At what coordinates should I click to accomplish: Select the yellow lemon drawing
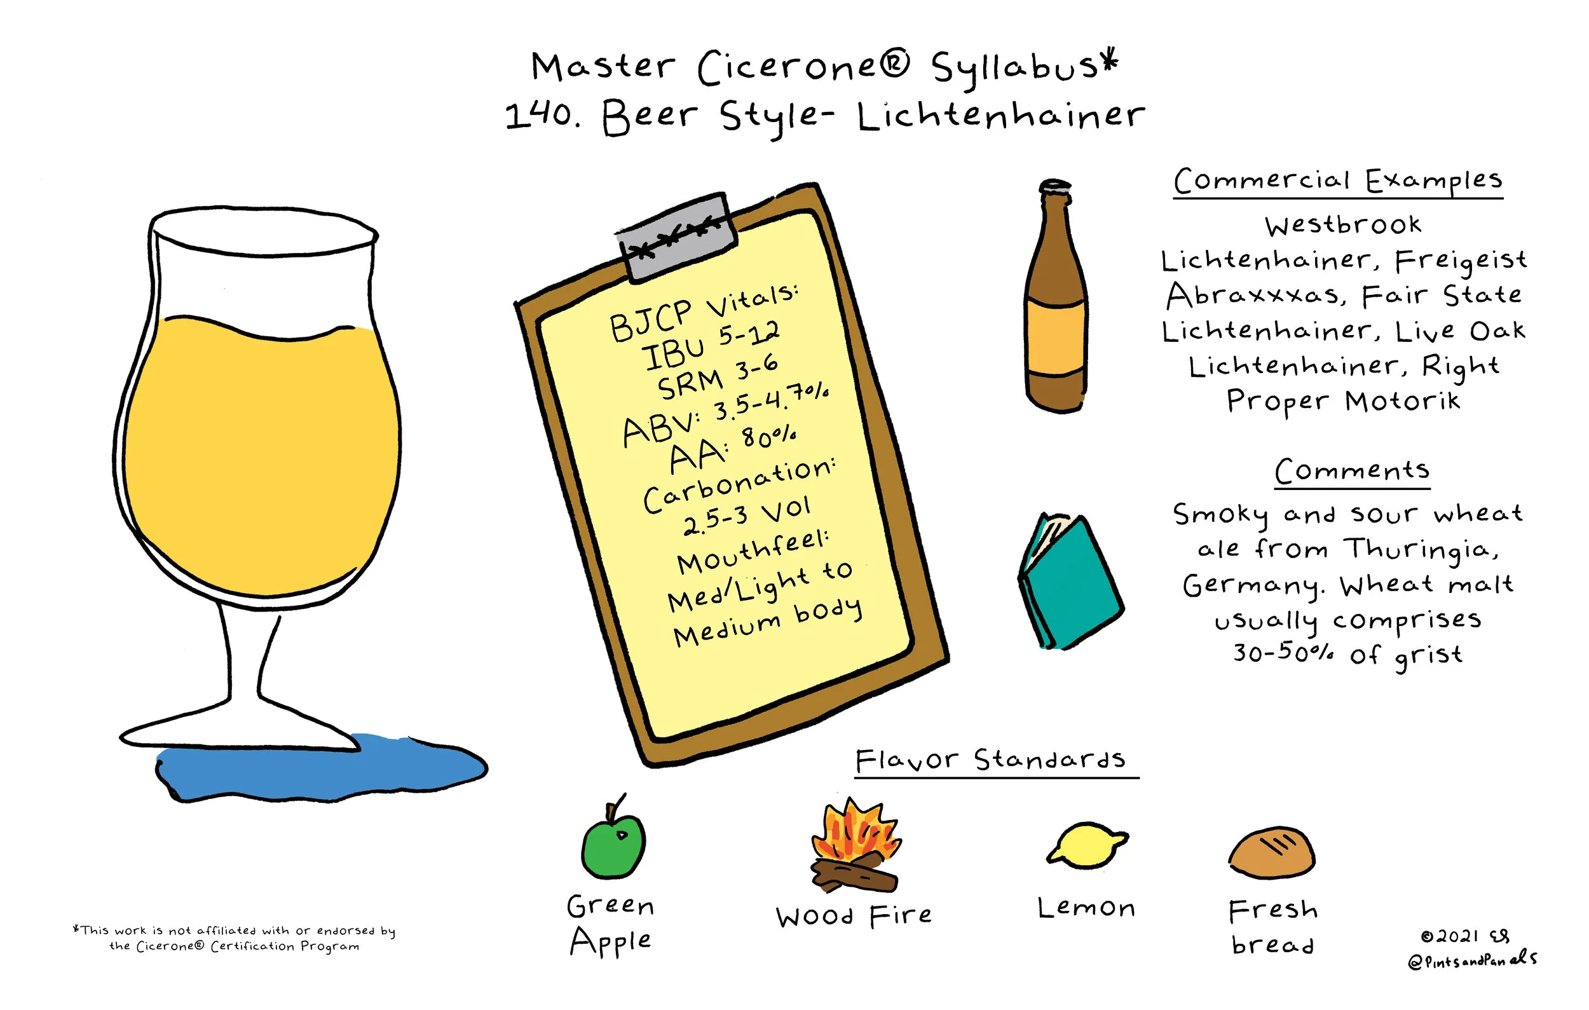click(x=1087, y=845)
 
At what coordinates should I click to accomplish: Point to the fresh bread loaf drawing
click(x=1272, y=852)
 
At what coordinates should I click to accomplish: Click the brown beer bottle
click(x=1056, y=297)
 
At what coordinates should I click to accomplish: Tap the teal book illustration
click(x=1070, y=580)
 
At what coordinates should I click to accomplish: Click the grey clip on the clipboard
click(x=677, y=236)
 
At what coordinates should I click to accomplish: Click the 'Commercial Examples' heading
click(x=1337, y=180)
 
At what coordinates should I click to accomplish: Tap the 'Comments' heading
click(x=1352, y=471)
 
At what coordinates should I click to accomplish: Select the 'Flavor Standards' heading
click(x=990, y=760)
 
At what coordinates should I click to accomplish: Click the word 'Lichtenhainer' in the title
click(x=1001, y=116)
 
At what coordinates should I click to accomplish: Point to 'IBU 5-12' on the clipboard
click(x=711, y=346)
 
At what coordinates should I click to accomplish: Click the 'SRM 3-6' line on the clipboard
click(x=718, y=378)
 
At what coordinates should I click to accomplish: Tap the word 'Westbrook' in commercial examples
click(x=1343, y=225)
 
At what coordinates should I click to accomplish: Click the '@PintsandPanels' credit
click(x=1471, y=960)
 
